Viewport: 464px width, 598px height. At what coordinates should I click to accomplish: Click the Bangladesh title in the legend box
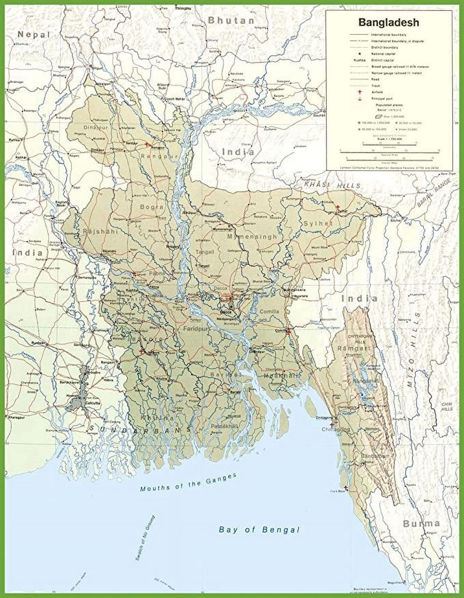[x=388, y=23]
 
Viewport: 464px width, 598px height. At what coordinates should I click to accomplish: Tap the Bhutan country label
[x=231, y=21]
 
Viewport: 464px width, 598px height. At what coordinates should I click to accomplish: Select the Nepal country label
[x=34, y=35]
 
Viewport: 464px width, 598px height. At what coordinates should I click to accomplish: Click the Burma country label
[x=421, y=523]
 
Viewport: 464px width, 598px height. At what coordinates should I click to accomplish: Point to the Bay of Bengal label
[x=259, y=530]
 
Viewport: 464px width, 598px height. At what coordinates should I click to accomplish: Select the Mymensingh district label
[x=252, y=236]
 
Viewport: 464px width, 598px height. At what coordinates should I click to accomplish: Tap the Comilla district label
[x=269, y=311]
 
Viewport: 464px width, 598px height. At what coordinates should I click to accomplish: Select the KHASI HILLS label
[x=332, y=185]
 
